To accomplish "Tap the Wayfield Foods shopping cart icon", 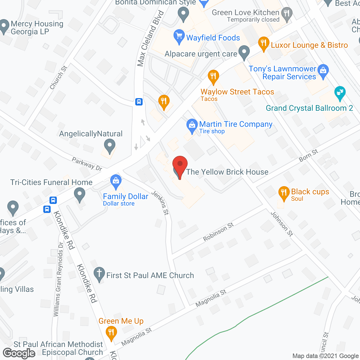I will (179, 37).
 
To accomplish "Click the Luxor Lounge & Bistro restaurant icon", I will (264, 43).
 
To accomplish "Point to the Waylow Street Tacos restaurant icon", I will (213, 76).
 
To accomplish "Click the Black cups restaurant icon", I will (284, 193).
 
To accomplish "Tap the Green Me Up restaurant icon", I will (111, 333).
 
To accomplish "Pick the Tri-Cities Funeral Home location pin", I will (80, 194).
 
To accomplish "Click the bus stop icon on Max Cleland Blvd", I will (139, 102).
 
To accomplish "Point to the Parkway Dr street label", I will (87, 164).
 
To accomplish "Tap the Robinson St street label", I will (218, 232).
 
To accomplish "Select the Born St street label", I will (308, 156).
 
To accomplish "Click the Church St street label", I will (58, 77).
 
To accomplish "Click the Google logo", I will (19, 353).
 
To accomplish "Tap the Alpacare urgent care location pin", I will (244, 53).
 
